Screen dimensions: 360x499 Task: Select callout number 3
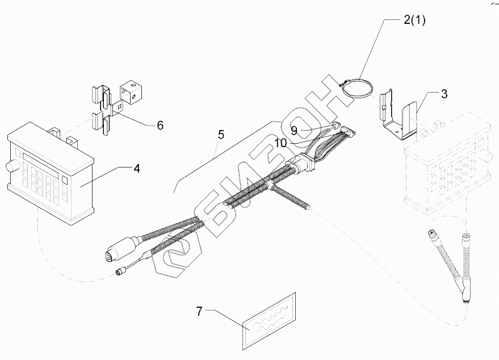point(444,94)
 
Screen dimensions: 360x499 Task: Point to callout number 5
point(221,135)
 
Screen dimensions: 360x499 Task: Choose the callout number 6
point(160,125)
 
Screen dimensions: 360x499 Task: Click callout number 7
point(200,311)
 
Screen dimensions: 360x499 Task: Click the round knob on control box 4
point(10,166)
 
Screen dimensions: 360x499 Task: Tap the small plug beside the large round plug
point(120,271)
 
